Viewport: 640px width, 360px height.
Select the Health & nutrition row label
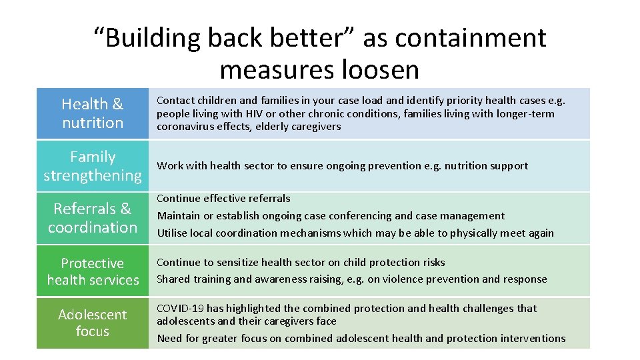point(93,113)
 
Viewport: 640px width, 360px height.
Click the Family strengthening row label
point(93,166)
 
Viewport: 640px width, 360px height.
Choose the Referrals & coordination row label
point(93,218)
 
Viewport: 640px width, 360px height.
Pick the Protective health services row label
point(93,271)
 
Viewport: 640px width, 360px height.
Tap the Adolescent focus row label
point(93,323)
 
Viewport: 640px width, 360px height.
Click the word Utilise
point(171,233)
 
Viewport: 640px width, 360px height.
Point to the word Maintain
point(177,215)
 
